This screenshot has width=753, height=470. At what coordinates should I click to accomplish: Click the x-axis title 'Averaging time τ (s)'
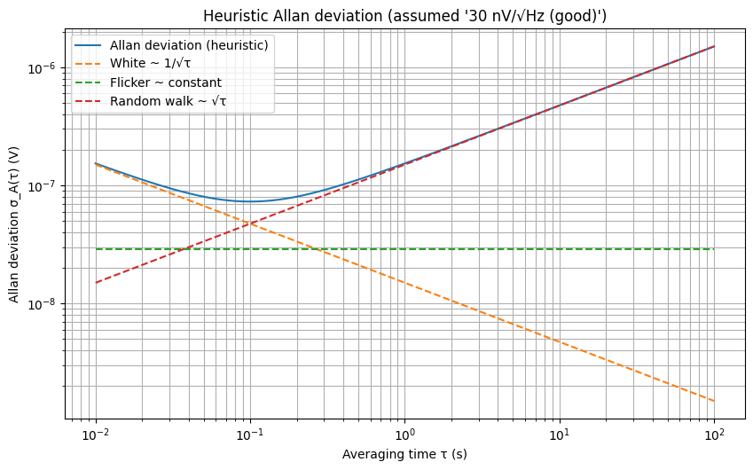(x=404, y=454)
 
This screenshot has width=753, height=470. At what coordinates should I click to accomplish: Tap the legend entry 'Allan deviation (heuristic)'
(x=190, y=44)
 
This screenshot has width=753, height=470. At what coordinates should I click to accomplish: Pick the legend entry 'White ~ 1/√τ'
(x=150, y=63)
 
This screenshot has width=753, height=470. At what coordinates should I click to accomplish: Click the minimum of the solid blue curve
(x=250, y=201)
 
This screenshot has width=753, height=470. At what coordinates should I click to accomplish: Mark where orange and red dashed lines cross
(x=250, y=223)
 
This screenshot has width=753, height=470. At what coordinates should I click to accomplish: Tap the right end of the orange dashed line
(x=714, y=401)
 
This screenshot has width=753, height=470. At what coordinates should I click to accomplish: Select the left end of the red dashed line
(x=96, y=283)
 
